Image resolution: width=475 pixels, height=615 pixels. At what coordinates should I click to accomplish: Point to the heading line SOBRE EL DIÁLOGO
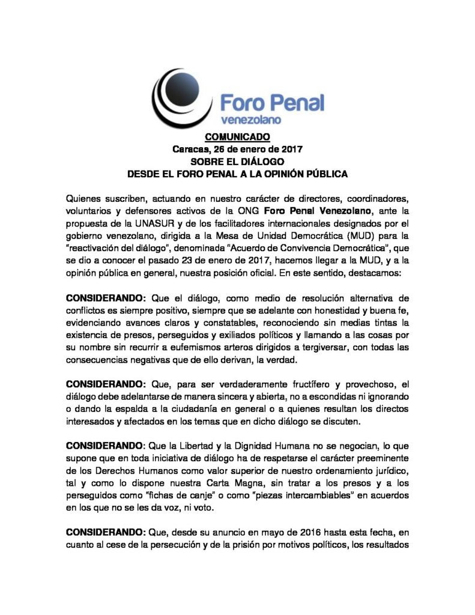237,162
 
